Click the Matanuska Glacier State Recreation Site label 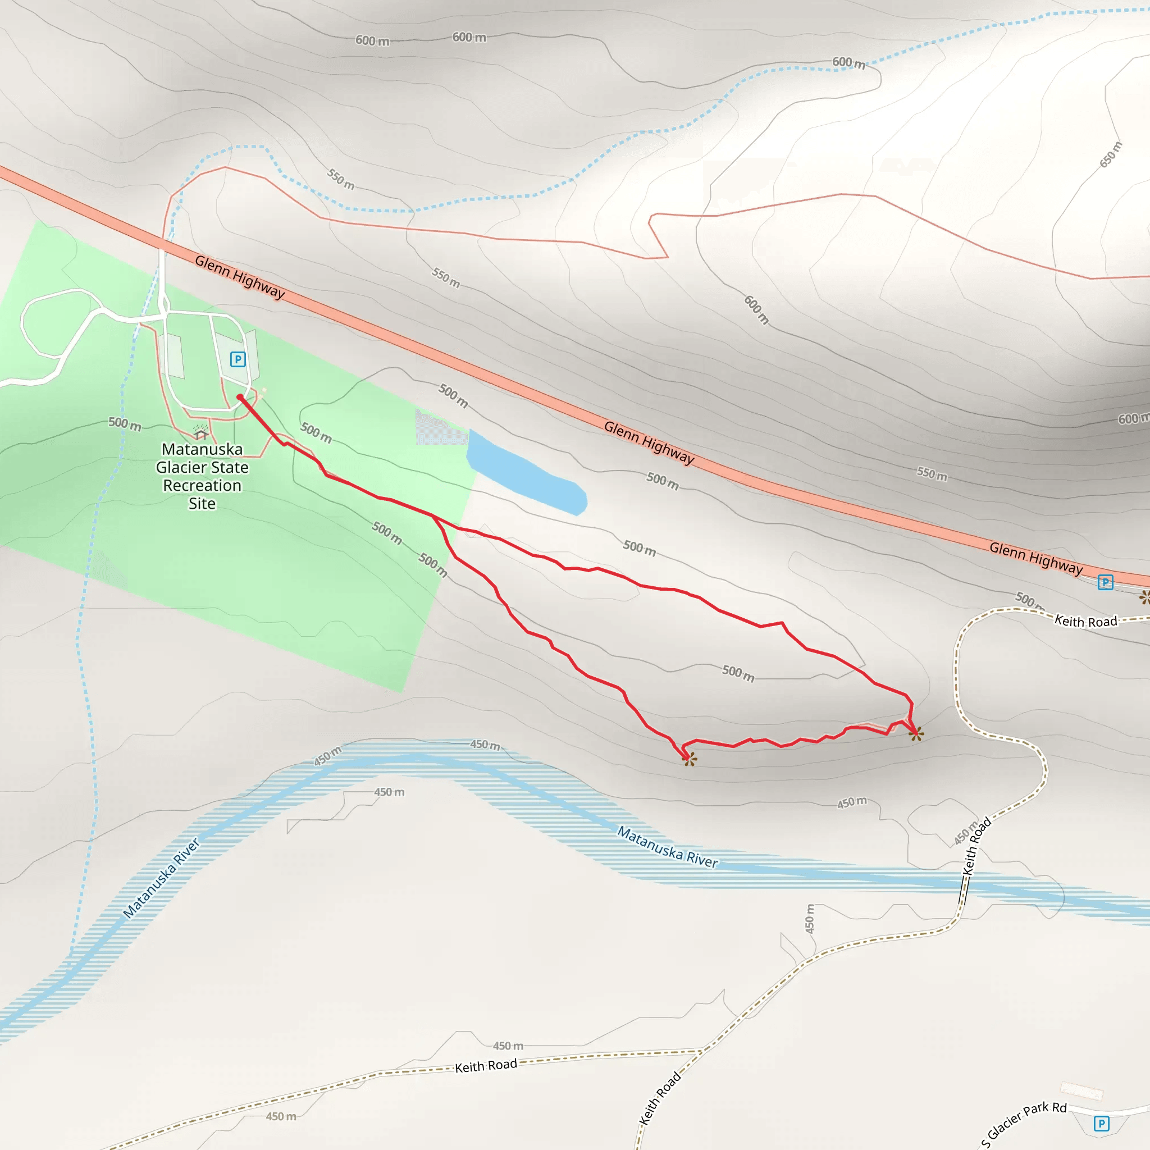point(202,476)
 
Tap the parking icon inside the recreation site point(238,359)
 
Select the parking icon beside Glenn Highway point(1105,582)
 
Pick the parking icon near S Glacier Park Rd point(1101,1123)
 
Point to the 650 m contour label point(1110,155)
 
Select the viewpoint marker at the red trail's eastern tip point(916,734)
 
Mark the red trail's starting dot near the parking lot point(239,397)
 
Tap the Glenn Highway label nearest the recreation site point(240,276)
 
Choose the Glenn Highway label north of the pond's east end point(649,442)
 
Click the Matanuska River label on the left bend point(161,879)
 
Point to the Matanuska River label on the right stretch point(667,846)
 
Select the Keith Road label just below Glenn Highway point(1086,622)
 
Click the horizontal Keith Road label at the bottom point(486,1065)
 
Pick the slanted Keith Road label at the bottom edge point(660,1098)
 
